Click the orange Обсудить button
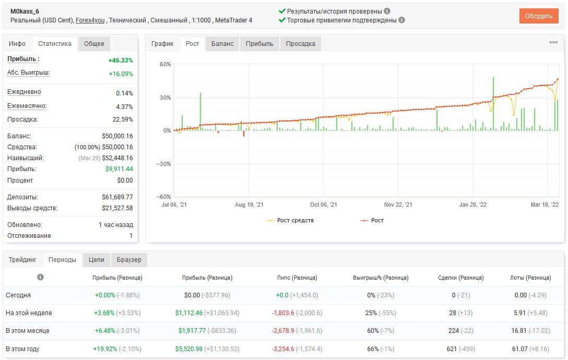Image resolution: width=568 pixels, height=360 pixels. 539,16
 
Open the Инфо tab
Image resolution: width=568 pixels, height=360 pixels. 17,43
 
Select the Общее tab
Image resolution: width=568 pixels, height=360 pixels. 94,43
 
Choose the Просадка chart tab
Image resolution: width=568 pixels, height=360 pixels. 300,43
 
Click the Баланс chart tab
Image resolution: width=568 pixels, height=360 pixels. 222,43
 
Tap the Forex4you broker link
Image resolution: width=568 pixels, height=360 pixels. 90,20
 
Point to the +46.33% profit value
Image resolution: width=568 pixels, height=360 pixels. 121,61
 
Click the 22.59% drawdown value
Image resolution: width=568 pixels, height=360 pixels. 123,119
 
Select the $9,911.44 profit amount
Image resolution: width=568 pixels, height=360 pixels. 119,169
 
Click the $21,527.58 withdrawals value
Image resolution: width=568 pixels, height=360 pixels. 117,208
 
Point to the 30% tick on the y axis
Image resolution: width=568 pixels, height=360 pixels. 165,98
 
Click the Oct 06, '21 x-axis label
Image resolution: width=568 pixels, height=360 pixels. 324,205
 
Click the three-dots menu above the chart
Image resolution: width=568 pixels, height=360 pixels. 553,42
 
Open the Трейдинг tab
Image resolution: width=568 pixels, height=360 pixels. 22,260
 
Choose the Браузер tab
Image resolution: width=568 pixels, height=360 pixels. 129,260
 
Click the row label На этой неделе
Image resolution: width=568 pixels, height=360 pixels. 29,313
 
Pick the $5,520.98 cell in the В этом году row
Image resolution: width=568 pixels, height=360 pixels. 189,349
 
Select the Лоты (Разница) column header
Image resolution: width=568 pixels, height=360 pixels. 530,278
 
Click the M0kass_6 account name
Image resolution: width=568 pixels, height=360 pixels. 25,11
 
